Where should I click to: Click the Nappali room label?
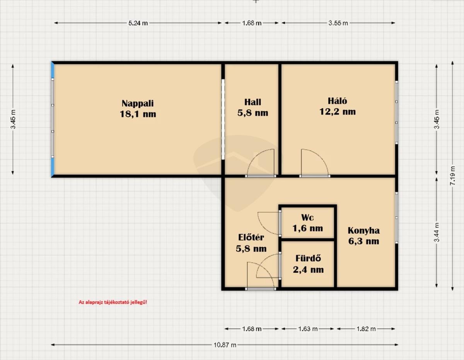[138, 109]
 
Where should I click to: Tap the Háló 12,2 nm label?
[338, 106]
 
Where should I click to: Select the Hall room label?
[252, 107]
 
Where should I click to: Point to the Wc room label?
[307, 223]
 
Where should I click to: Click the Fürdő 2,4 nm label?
[308, 264]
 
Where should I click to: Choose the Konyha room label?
[363, 236]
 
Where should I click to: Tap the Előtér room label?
[251, 243]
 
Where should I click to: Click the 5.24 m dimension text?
[138, 23]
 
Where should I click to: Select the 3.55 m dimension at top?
[338, 23]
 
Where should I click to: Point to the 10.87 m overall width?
[225, 345]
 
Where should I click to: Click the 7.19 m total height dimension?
[452, 176]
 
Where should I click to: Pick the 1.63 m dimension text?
[308, 329]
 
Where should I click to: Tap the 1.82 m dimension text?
[366, 329]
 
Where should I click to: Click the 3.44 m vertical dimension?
[437, 232]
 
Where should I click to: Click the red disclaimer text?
[113, 302]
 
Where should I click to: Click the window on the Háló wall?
[396, 112]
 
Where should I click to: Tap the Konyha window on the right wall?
[396, 217]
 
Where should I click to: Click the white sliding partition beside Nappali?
[223, 119]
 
